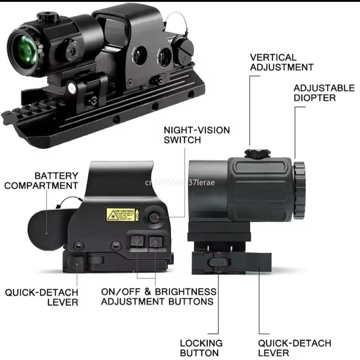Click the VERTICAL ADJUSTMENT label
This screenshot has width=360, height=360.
click(x=281, y=62)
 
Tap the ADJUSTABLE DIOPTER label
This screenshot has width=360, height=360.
click(x=324, y=93)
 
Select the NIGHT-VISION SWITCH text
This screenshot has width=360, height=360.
click(x=197, y=135)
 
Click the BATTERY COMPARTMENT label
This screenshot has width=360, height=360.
click(x=41, y=180)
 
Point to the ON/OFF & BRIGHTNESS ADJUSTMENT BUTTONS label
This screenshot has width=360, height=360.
click(x=158, y=296)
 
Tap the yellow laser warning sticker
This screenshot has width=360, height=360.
click(x=120, y=215)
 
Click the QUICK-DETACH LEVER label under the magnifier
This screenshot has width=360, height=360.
click(x=294, y=348)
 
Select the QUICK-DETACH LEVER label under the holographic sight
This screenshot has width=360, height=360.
click(x=41, y=297)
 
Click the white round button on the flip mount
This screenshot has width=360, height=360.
click(x=71, y=88)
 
